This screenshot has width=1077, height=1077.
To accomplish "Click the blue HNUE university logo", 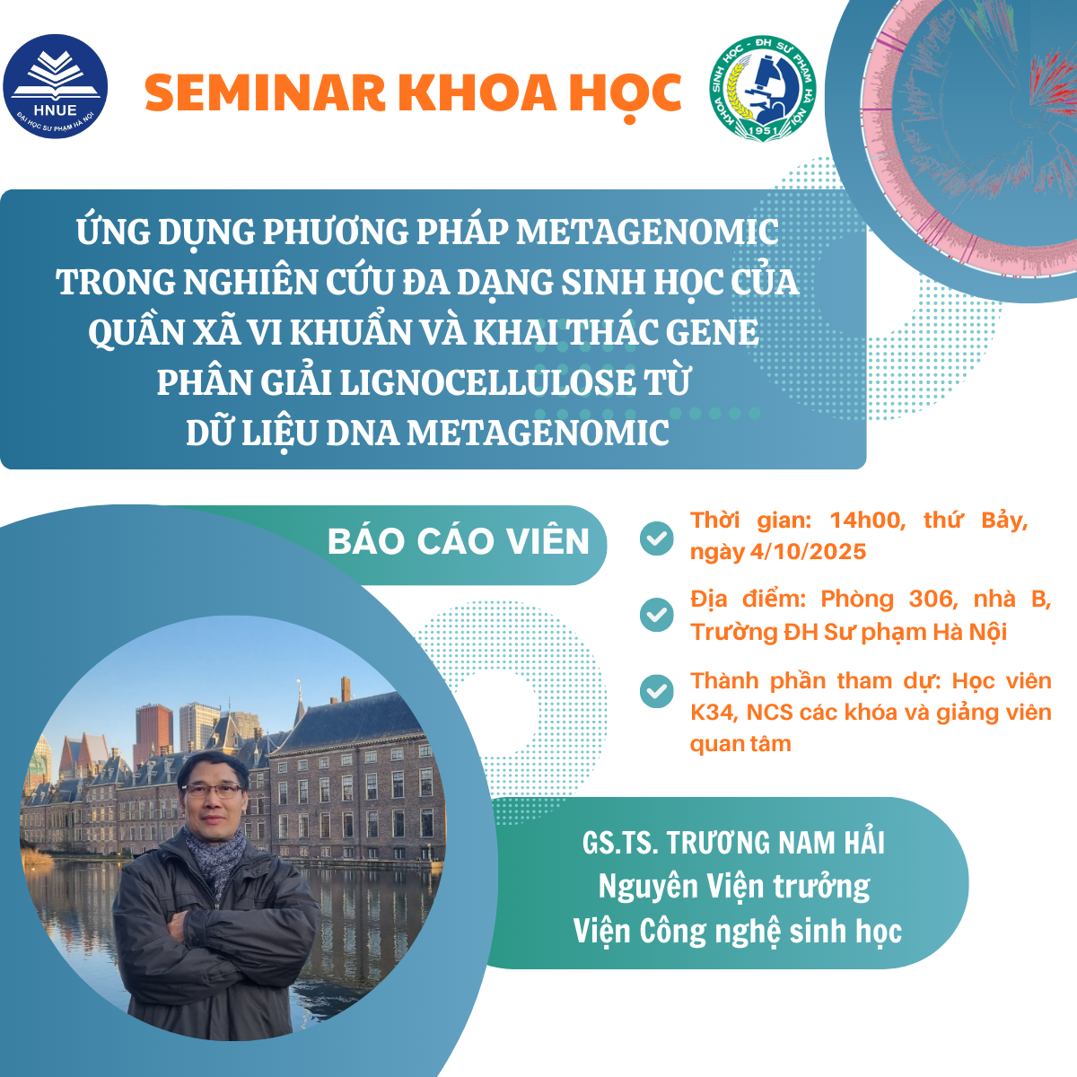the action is tap(56, 87).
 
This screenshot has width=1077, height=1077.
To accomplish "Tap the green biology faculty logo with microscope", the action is tap(763, 88).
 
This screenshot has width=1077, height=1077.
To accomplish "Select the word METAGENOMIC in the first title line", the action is tap(646, 232).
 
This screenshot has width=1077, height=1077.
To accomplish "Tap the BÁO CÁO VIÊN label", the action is tap(459, 541).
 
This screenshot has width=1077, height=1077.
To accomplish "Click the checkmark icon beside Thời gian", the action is tap(657, 538).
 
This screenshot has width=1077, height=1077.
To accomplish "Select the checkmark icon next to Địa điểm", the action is tap(657, 615).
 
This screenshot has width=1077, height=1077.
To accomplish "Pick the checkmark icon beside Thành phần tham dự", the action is tap(657, 691).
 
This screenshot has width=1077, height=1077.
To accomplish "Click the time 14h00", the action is tap(867, 521).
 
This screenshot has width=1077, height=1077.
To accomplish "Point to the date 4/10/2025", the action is tap(808, 552).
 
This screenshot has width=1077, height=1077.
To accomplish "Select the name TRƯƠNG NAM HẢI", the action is tap(775, 843).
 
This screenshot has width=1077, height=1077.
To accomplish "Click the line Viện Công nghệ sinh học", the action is tap(738, 932).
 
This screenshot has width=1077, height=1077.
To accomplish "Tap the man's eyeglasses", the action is tap(214, 791).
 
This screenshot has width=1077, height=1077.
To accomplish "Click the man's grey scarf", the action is tap(215, 854).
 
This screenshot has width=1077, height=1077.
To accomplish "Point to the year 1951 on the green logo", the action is tap(764, 130).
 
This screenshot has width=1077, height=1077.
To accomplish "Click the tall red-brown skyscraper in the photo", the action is tap(153, 732).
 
